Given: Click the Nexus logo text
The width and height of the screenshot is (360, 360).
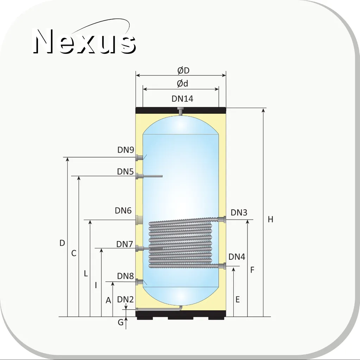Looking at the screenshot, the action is (x=84, y=41).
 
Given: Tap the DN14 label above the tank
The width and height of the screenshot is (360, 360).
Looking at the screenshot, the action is (x=182, y=99).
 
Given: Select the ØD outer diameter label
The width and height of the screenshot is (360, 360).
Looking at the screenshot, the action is (x=183, y=70).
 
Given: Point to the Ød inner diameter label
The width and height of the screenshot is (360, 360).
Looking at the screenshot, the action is (x=182, y=83).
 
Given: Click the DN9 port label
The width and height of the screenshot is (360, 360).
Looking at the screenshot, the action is (x=126, y=150).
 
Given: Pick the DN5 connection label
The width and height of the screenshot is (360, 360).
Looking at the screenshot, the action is (x=125, y=171).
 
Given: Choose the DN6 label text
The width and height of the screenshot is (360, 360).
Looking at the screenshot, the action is (x=123, y=210).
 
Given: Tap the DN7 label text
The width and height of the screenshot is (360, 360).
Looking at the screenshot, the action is (x=125, y=244).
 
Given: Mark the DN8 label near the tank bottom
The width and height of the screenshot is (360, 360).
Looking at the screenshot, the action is (x=125, y=276).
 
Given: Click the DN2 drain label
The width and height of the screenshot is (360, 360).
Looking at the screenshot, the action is (x=125, y=299).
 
